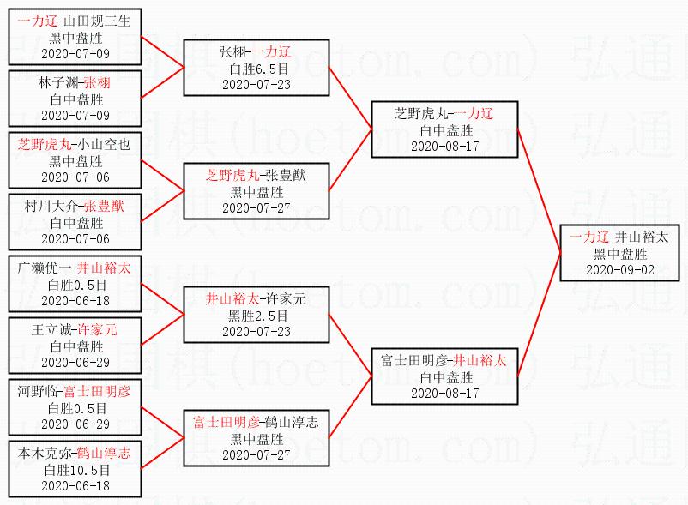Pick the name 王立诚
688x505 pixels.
(52, 329)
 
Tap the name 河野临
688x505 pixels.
(38, 391)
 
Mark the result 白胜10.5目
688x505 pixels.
(76, 470)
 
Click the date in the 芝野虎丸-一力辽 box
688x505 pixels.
(444, 146)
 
